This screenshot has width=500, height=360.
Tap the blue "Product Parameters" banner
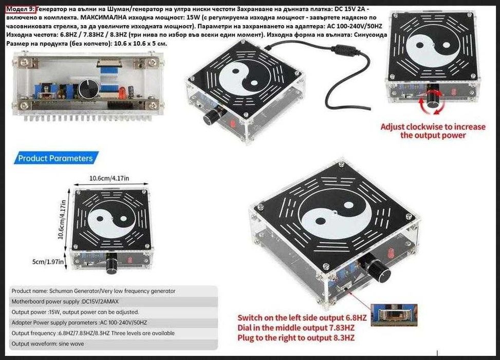coord(55,158)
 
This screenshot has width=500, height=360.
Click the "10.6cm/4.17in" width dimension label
coord(109,178)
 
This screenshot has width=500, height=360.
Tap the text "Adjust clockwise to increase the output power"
coord(433,131)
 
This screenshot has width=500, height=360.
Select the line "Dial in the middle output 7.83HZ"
coord(295,328)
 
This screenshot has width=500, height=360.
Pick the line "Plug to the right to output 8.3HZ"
coord(295,338)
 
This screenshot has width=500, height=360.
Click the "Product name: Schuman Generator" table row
coord(93,291)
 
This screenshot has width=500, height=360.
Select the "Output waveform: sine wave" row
coord(49,344)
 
